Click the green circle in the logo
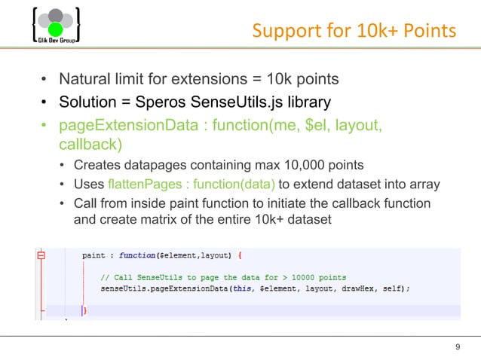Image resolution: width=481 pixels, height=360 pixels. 55,30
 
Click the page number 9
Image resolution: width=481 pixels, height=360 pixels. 458,346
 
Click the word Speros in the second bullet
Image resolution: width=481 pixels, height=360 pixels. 152,102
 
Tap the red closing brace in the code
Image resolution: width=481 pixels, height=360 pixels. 84,310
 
